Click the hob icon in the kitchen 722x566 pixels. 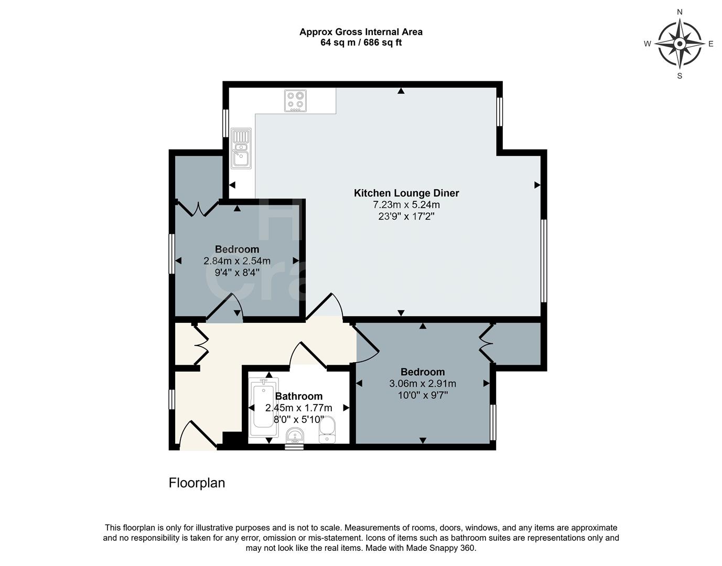coord(295,101)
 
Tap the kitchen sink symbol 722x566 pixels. coord(241,148)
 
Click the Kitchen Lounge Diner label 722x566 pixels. coord(406,193)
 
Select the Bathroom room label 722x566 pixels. coord(299,396)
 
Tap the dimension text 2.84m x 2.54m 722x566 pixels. coord(237,261)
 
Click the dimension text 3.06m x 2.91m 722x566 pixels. coord(423,384)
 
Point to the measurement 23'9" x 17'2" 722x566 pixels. coord(406,216)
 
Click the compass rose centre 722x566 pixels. coord(680,43)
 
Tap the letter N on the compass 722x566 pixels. coord(680,12)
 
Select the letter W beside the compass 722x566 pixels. coord(648,44)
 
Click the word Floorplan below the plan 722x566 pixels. coord(197,483)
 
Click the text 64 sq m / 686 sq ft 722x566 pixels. coord(361,42)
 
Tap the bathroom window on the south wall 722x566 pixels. coord(294,447)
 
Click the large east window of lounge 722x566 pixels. coord(544,260)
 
